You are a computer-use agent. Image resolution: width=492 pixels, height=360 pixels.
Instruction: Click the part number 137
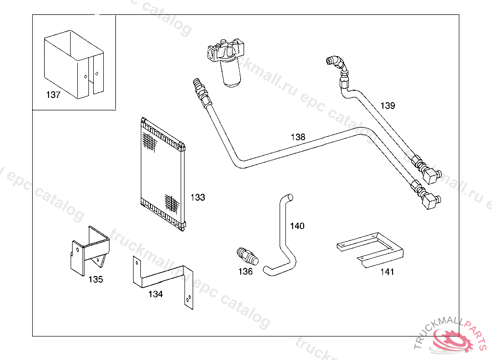click(53, 95)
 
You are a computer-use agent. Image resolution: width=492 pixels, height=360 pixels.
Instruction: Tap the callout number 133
click(197, 197)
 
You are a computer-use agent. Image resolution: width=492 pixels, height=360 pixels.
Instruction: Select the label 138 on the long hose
click(298, 137)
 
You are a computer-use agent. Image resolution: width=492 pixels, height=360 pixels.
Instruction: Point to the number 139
click(388, 106)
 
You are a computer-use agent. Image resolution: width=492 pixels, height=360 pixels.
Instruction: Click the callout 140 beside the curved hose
click(297, 226)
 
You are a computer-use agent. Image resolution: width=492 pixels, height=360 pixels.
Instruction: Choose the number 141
click(387, 272)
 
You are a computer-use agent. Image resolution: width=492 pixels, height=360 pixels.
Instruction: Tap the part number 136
click(246, 272)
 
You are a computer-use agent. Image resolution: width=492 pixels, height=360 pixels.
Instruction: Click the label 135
click(96, 279)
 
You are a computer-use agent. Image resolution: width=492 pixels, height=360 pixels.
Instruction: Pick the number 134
click(155, 294)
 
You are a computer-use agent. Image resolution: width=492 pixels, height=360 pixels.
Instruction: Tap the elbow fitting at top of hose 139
click(336, 64)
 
